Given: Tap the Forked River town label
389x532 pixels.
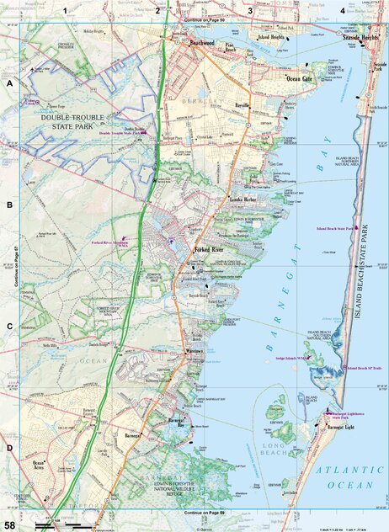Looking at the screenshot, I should pos(209,251).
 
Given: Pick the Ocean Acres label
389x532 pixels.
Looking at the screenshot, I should pos(38,466).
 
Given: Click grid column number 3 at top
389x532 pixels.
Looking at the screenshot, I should pos(250,8).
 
